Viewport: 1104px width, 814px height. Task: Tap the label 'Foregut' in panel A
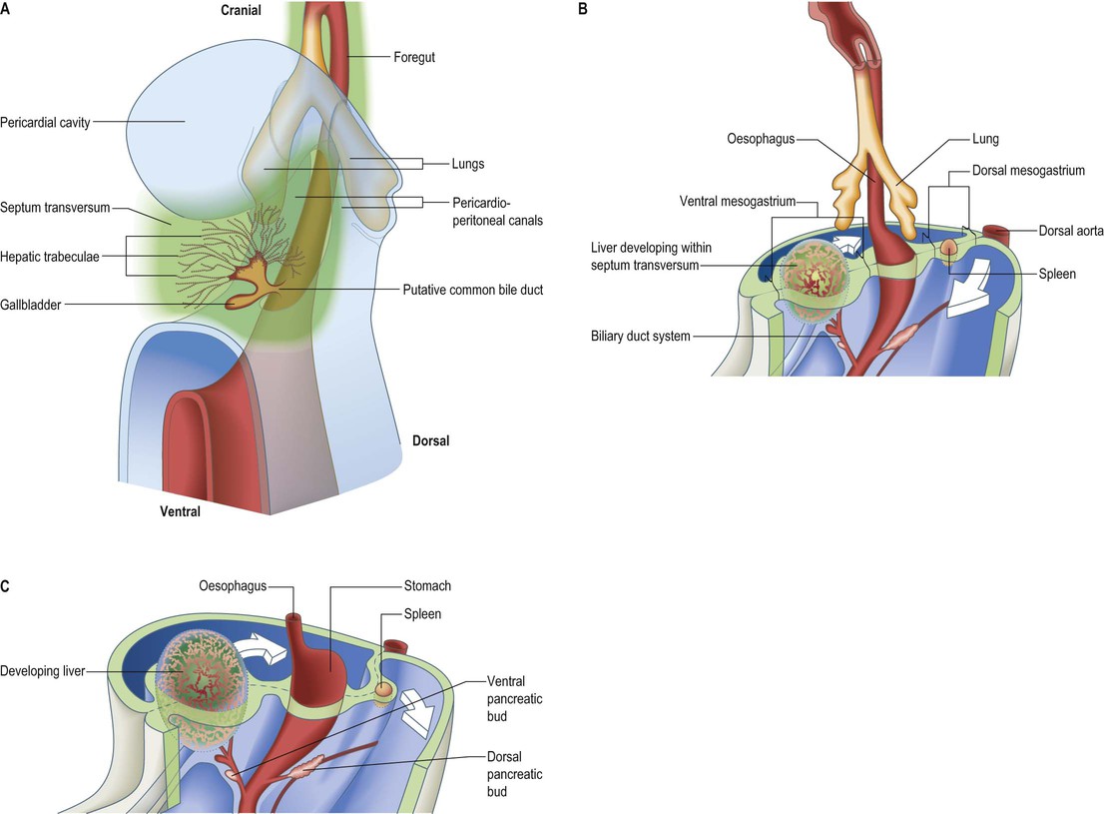point(414,57)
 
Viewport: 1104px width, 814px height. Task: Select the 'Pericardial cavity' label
point(45,123)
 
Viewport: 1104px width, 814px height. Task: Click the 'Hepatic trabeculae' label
point(49,257)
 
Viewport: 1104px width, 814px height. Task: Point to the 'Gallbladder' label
point(30,305)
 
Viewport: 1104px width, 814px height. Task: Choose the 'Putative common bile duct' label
point(472,290)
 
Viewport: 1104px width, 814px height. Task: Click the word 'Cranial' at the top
point(241,10)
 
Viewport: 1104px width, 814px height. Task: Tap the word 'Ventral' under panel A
point(180,511)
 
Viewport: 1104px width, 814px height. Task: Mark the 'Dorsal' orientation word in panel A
point(430,440)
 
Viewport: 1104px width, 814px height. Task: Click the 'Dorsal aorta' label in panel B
point(1071,231)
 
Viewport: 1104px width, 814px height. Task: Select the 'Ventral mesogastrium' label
point(738,202)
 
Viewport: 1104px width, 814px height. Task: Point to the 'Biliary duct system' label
point(640,337)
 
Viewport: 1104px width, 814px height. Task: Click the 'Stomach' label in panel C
point(427,585)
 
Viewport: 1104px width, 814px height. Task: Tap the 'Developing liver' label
point(42,671)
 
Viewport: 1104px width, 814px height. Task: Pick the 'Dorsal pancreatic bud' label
point(514,774)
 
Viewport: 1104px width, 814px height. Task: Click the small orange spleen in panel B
point(949,246)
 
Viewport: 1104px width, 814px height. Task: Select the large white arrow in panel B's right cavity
point(969,289)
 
